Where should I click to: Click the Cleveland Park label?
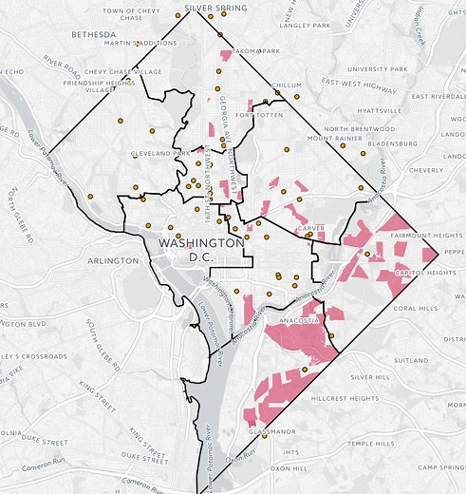coord(161,153)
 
